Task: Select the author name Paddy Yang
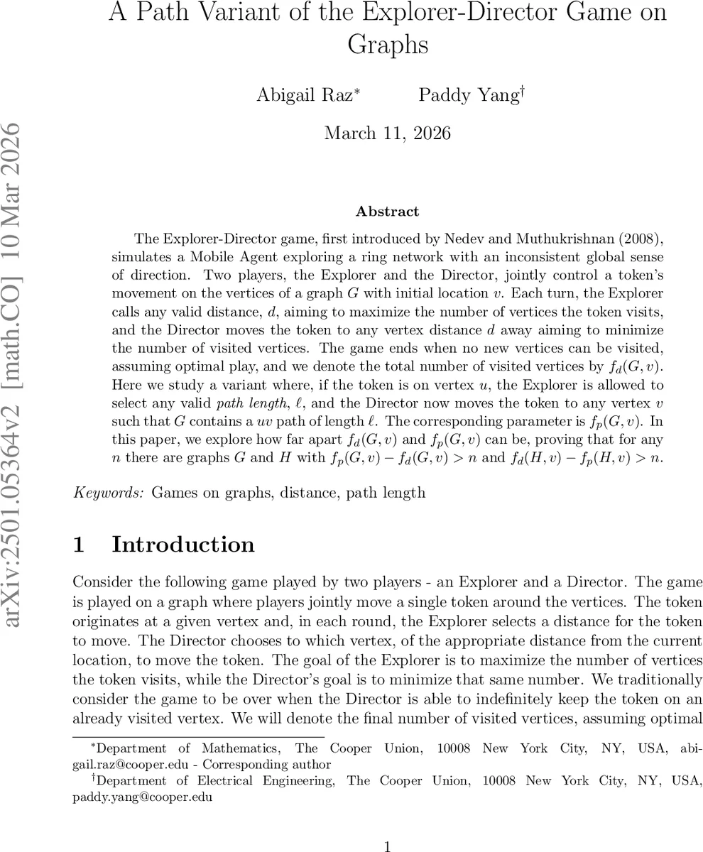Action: pos(468,94)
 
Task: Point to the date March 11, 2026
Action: pos(387,133)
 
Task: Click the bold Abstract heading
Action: pos(387,212)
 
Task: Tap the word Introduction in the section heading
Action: pos(183,545)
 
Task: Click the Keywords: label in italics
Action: pos(110,492)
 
